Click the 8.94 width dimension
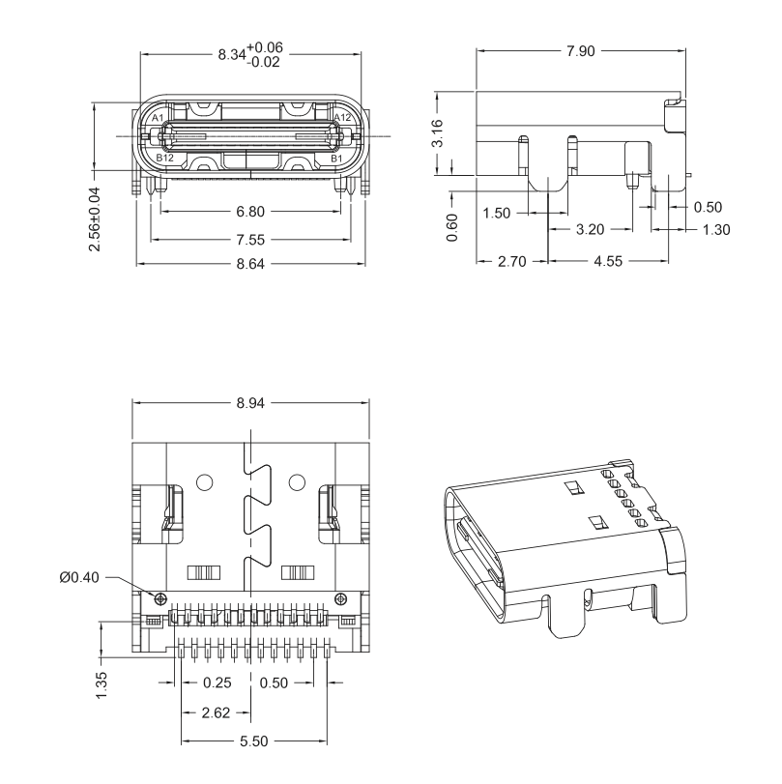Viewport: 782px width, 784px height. tap(250, 403)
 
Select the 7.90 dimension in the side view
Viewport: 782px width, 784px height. tap(581, 51)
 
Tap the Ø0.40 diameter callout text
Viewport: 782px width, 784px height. tap(79, 577)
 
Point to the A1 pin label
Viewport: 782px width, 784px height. tap(158, 118)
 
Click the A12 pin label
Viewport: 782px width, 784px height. tap(342, 118)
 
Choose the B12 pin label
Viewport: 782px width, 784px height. tap(164, 158)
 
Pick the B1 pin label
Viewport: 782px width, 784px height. tap(336, 159)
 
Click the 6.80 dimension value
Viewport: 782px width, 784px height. tap(250, 212)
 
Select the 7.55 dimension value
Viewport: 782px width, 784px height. tap(250, 240)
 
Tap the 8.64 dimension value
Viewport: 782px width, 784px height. tap(250, 264)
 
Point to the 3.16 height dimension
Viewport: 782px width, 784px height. tap(437, 133)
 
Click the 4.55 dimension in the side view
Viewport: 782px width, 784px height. tap(608, 261)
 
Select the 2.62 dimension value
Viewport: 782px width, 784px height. tap(216, 712)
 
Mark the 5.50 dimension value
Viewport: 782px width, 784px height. tap(253, 741)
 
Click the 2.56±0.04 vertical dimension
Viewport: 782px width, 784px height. tap(94, 219)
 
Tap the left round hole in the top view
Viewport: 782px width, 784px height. tap(205, 482)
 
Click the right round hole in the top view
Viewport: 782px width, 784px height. tap(297, 482)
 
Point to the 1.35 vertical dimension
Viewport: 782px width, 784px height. tap(101, 685)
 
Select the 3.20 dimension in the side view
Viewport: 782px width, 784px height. tap(590, 229)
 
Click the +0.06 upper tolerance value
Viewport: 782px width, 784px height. tap(265, 47)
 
